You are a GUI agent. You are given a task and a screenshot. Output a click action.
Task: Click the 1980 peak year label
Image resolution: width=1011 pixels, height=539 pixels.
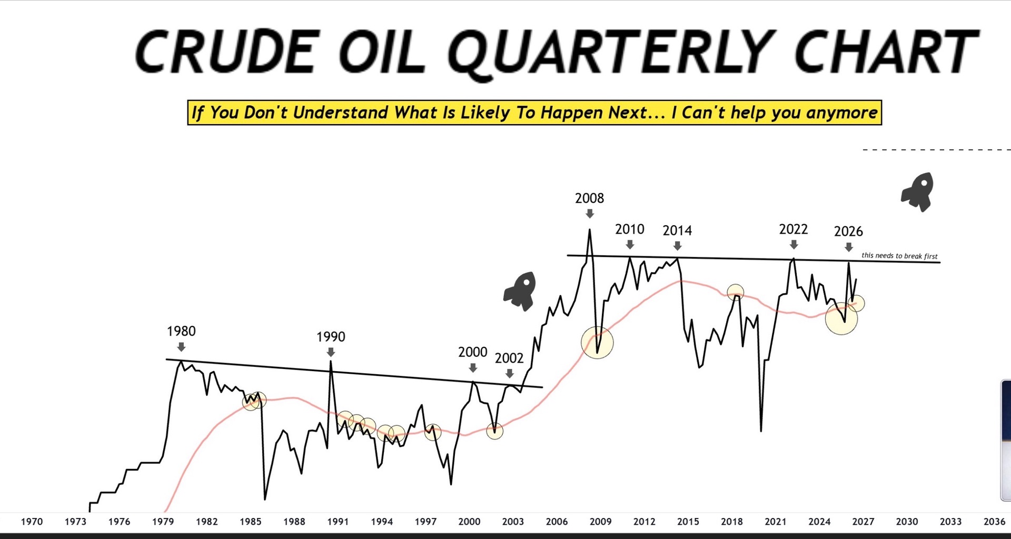tap(181, 331)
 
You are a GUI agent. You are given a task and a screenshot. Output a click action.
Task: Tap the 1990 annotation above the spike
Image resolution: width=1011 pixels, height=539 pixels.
tap(331, 337)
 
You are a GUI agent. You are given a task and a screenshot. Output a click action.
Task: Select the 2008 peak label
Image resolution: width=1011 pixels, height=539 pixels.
tap(589, 198)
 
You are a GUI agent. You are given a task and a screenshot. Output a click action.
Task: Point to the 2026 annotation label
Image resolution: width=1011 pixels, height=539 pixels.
tap(848, 231)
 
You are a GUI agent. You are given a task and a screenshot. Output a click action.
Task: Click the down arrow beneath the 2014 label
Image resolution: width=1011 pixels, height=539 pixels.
tap(678, 246)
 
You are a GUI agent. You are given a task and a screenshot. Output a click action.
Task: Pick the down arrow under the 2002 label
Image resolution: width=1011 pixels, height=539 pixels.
tap(509, 373)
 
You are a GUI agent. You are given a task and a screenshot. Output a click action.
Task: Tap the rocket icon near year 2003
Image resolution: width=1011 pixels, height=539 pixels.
tap(520, 291)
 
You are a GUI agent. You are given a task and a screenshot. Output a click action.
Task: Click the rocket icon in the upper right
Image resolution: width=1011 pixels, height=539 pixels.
tap(918, 192)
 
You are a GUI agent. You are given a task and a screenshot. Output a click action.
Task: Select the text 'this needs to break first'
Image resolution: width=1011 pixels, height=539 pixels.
tap(899, 256)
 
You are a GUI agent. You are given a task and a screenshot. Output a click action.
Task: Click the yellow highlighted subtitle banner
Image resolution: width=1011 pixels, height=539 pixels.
tap(534, 113)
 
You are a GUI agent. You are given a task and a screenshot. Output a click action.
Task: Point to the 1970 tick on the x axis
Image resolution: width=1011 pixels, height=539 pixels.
tap(32, 522)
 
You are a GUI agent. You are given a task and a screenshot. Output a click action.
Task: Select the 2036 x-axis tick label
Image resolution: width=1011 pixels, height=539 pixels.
tap(994, 522)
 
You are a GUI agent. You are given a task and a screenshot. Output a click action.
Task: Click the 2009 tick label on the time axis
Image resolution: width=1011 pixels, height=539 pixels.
tap(600, 522)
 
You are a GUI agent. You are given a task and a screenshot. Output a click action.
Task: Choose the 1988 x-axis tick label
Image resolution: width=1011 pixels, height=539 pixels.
tap(294, 522)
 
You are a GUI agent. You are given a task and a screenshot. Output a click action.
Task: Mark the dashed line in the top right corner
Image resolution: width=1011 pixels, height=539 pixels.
tap(936, 150)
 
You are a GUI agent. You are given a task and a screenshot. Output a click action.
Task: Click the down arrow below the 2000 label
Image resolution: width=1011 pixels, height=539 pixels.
tap(473, 367)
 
